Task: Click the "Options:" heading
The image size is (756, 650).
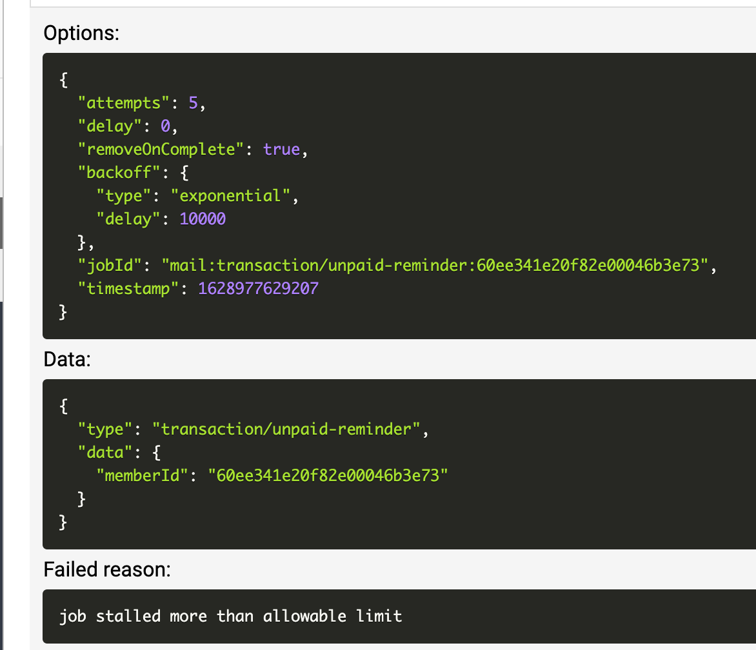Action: coord(81,34)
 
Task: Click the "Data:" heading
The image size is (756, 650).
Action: coord(67,360)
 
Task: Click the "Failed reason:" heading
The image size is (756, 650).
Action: coord(107,569)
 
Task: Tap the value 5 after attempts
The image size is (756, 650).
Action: coord(193,103)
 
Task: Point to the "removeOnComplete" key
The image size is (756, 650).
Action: coord(165,150)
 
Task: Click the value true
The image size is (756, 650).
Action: coord(282,150)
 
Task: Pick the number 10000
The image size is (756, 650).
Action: coord(203,219)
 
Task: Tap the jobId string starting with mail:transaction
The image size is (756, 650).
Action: coord(435,266)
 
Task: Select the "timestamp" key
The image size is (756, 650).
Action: coord(128,289)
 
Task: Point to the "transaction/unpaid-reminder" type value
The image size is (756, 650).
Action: coord(286,429)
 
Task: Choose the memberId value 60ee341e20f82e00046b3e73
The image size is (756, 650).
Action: coord(328,476)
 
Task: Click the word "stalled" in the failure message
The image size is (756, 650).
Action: coord(128,616)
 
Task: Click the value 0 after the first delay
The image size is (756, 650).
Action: coord(165,126)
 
